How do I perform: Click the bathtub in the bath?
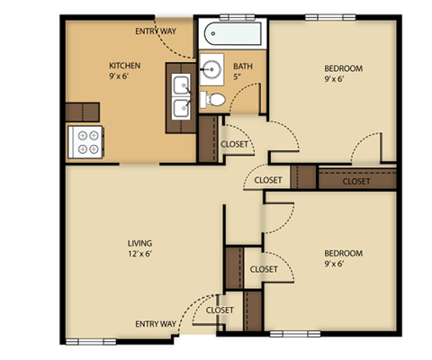(x=231, y=36)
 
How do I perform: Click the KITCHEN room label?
(x=125, y=66)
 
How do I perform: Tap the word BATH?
(x=243, y=67)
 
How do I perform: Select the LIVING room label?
(x=139, y=243)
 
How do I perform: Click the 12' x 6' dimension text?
(x=139, y=255)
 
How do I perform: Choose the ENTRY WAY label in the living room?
(x=156, y=323)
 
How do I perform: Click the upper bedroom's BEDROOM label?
(x=343, y=69)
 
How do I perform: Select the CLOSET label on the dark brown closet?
(x=356, y=181)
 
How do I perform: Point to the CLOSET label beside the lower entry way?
(x=220, y=310)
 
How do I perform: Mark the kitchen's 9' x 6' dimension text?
(x=125, y=77)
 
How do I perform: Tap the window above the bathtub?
(x=236, y=17)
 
